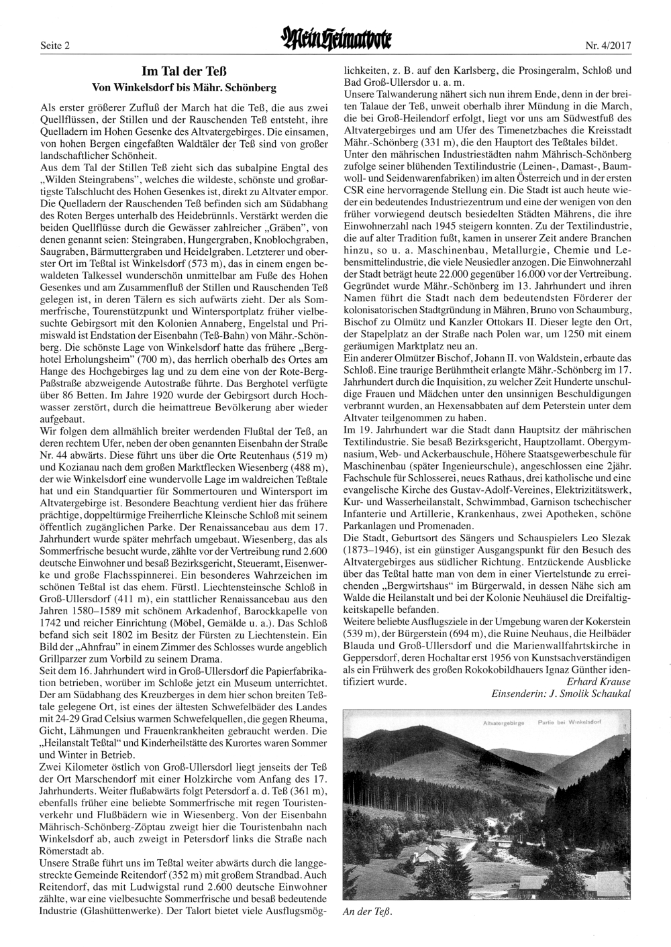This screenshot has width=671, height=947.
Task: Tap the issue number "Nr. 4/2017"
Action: pos(609,46)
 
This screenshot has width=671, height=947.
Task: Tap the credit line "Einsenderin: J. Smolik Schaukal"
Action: pos(562,694)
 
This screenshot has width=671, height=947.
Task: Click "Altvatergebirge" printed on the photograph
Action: pos(504,723)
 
